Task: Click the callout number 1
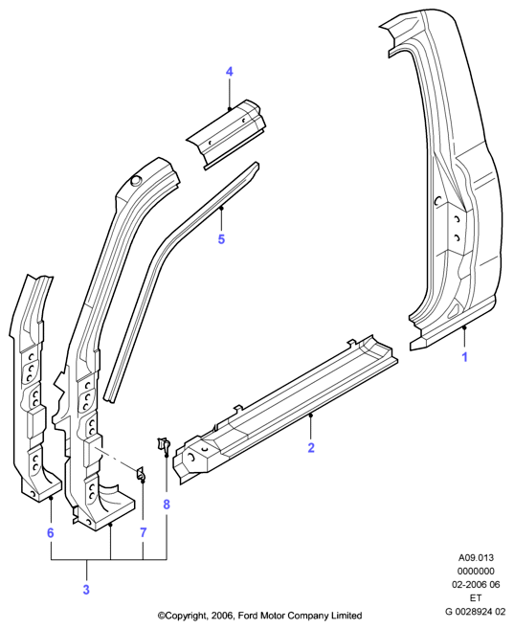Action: point(464,356)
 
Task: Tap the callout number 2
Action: point(311,448)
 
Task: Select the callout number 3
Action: point(86,590)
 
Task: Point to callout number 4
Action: point(229,72)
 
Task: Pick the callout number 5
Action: point(221,239)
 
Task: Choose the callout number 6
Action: point(50,532)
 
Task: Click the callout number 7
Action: point(144,532)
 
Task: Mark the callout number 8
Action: point(167,505)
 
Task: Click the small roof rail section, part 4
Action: point(226,132)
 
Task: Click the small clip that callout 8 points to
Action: point(164,444)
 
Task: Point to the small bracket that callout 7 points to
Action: point(141,473)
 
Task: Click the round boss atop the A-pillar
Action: point(135,180)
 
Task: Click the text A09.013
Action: point(477,557)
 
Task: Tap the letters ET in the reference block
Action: point(476,598)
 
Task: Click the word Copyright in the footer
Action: point(186,616)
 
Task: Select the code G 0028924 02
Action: point(476,612)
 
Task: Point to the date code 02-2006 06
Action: point(477,584)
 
